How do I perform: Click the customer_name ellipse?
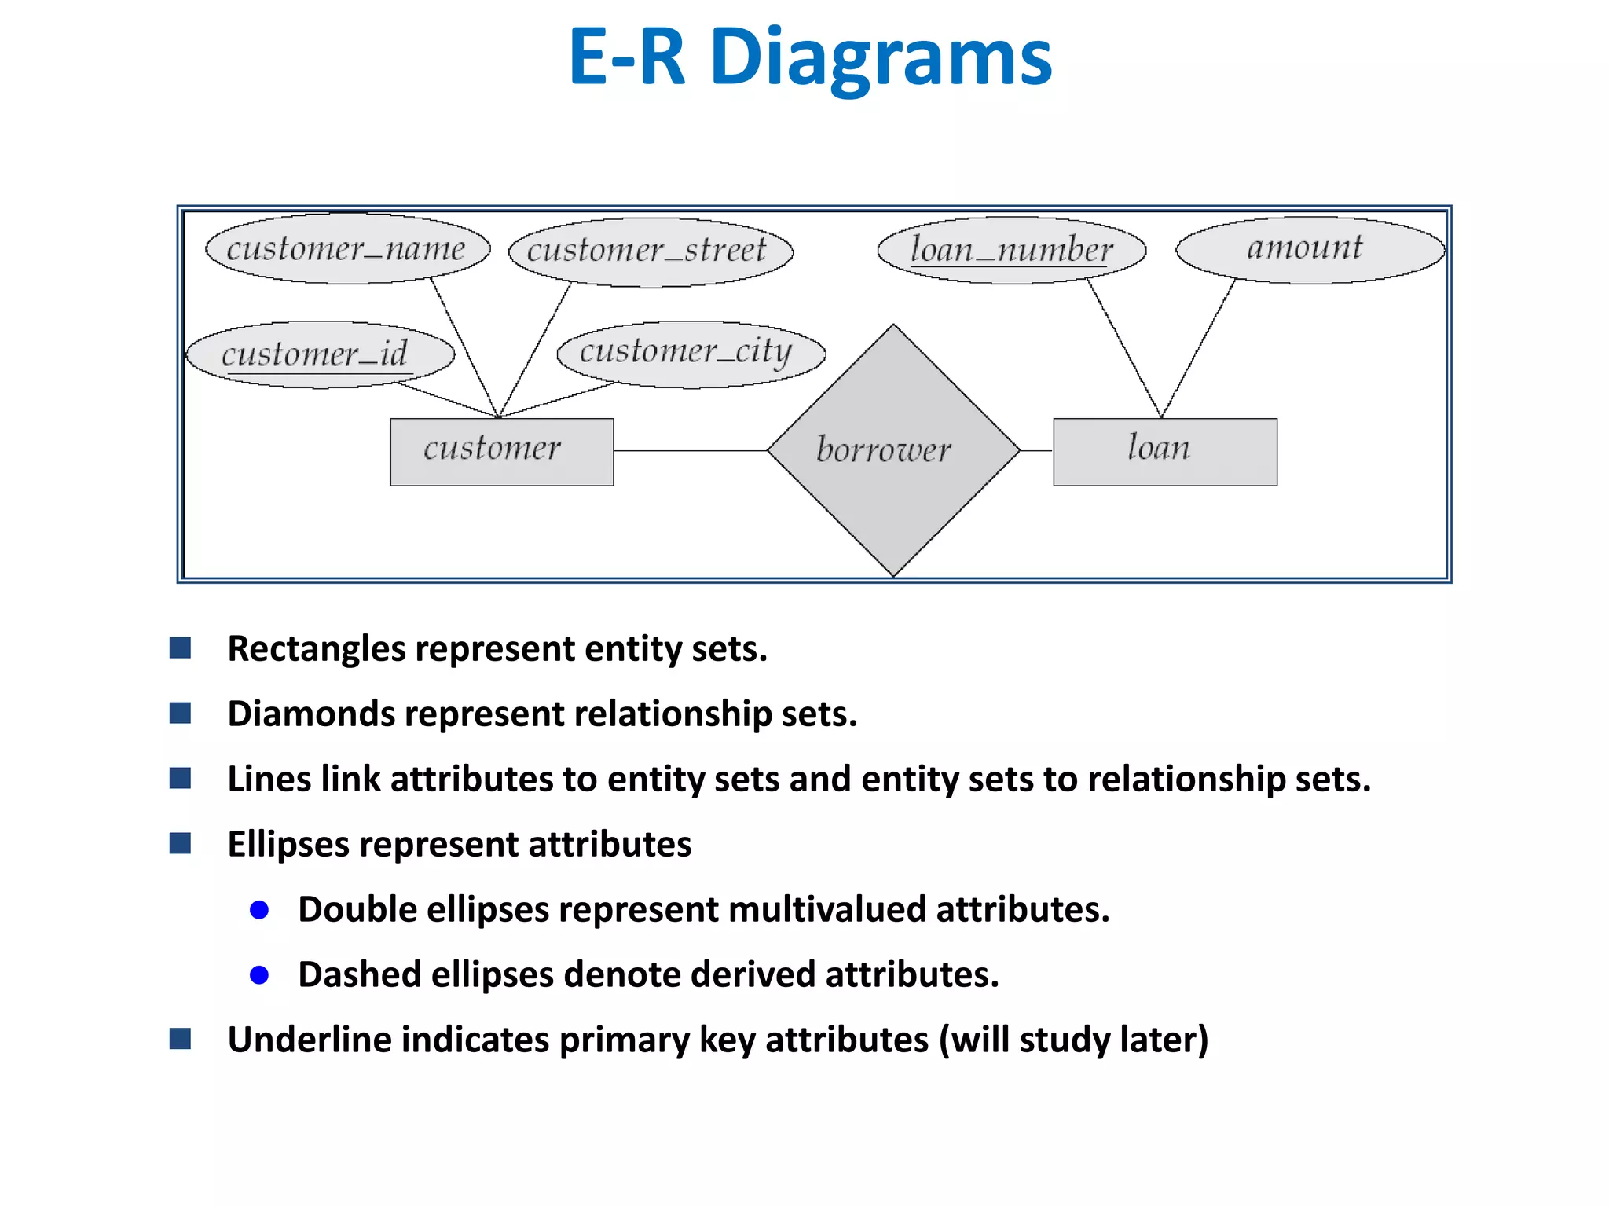347,248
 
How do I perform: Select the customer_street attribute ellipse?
651,251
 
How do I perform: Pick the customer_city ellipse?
691,353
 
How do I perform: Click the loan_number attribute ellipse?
1011,250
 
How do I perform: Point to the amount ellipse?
1310,249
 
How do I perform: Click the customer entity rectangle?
501,452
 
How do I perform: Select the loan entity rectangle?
1164,452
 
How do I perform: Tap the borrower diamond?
893,450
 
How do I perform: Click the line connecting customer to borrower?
690,451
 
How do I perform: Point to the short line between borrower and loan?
1037,451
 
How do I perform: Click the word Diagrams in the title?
880,57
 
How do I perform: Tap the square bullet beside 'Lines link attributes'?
181,779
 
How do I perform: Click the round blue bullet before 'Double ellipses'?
259,910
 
